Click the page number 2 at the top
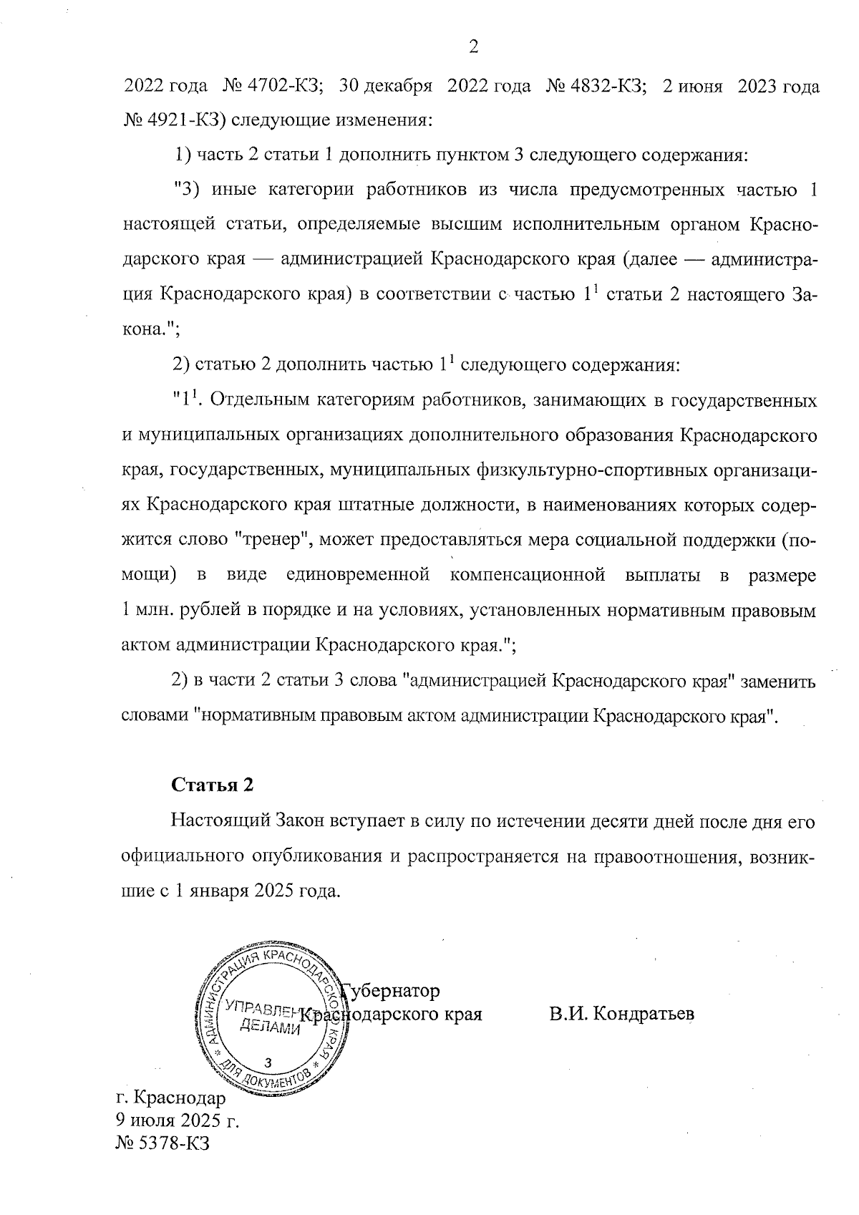click(x=472, y=47)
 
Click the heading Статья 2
click(x=213, y=784)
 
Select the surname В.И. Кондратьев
click(x=621, y=1015)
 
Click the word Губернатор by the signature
click(x=392, y=991)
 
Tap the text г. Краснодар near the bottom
click(x=170, y=1097)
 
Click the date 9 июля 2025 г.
click(x=176, y=1120)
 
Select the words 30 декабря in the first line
click(x=386, y=87)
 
